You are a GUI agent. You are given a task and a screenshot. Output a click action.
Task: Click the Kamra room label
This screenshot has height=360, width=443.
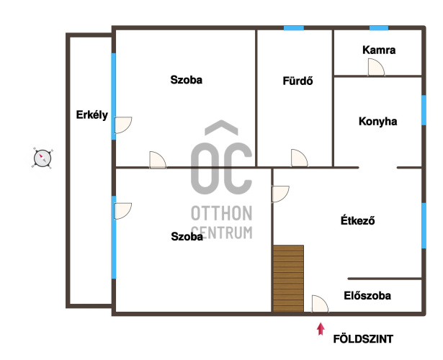[x=379, y=50]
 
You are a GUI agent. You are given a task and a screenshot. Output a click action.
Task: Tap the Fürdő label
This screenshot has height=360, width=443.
[x=297, y=81]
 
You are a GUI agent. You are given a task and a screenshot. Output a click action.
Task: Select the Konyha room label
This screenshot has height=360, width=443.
[x=377, y=122]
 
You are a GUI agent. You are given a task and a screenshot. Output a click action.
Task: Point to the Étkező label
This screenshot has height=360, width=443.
[x=358, y=220]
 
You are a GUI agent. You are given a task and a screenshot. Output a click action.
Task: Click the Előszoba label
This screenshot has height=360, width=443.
[x=367, y=296]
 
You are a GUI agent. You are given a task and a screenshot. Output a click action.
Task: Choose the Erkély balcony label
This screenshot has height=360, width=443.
[x=91, y=115]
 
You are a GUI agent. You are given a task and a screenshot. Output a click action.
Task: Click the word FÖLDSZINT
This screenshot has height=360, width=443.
[x=363, y=339]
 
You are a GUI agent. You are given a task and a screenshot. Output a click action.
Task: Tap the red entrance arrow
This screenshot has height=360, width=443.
[x=321, y=329]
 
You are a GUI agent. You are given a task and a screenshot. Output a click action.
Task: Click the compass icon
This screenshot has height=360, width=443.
[x=42, y=158]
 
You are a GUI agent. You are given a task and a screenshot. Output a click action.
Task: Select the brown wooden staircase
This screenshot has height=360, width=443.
[x=288, y=279]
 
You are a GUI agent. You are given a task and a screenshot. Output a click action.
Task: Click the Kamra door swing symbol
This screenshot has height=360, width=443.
[x=376, y=67]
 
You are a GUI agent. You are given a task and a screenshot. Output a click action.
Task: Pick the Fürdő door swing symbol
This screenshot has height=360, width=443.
[x=300, y=158]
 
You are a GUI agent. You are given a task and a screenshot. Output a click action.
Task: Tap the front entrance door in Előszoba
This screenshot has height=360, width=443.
[x=320, y=304]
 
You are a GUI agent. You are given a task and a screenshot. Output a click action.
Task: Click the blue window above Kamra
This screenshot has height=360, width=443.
[x=379, y=28]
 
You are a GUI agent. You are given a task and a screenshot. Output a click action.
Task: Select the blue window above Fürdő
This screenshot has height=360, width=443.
[x=294, y=28]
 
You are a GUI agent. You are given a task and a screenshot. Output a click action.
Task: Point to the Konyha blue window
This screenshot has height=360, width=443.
[x=424, y=110]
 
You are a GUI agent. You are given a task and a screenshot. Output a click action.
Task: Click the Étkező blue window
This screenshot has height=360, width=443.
[x=424, y=225]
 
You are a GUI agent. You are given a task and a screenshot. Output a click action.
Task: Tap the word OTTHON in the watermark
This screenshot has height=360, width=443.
[x=222, y=213]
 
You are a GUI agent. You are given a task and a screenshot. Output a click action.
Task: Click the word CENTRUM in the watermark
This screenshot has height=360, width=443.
[x=222, y=233]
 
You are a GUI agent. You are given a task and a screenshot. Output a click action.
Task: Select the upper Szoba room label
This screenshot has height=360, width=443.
[x=186, y=80]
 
